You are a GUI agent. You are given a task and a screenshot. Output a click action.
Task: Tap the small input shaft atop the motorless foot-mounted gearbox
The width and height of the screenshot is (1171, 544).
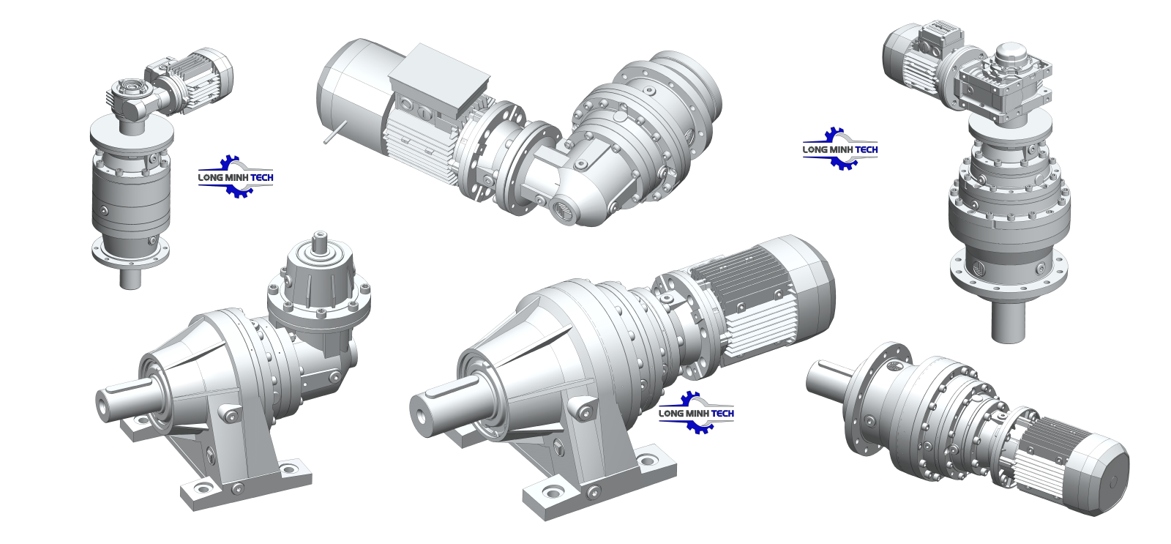pyautogui.click(x=319, y=241)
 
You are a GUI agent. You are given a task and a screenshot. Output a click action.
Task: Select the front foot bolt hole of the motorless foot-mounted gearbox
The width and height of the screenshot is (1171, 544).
pyautogui.click(x=201, y=488)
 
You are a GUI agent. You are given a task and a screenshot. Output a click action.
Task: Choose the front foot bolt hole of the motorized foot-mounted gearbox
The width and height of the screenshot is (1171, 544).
pyautogui.click(x=552, y=493)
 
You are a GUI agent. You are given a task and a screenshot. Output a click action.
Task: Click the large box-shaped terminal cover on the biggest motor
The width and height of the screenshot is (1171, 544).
pyautogui.click(x=439, y=78)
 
